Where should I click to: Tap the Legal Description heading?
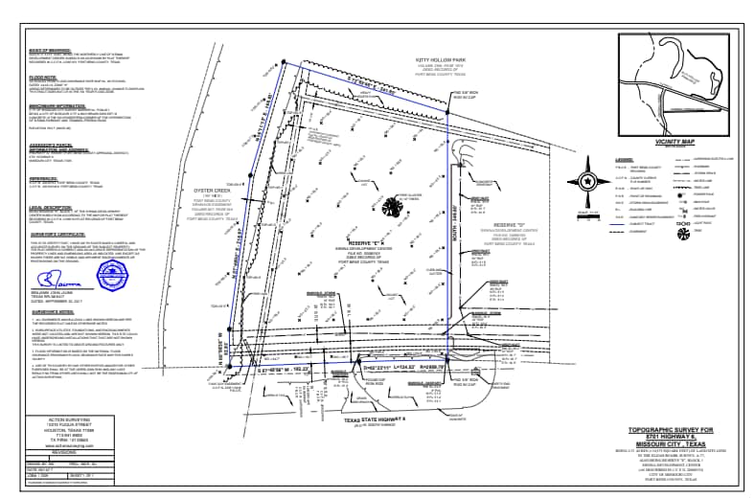click(45, 207)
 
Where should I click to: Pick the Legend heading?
click(625, 159)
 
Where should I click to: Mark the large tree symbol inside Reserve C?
click(391, 208)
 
